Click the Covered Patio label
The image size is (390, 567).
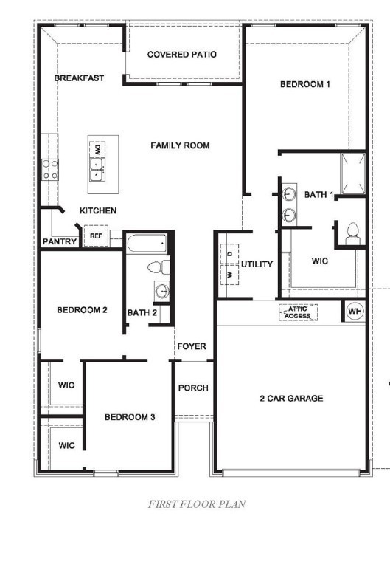click(x=181, y=55)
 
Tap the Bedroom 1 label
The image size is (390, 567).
click(x=304, y=84)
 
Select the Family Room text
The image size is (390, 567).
click(x=180, y=145)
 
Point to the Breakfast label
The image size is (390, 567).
click(x=79, y=78)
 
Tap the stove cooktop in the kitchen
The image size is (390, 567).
click(x=50, y=170)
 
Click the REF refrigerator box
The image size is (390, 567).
click(x=96, y=236)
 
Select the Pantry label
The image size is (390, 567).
click(x=59, y=241)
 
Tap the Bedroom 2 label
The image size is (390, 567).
click(x=83, y=310)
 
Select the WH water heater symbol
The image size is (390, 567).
click(x=355, y=312)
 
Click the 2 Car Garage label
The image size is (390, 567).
click(x=290, y=399)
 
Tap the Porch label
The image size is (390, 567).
click(x=194, y=388)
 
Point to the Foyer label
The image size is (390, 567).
click(x=191, y=347)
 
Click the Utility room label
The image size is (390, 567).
click(x=257, y=264)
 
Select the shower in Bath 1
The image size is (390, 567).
click(x=352, y=174)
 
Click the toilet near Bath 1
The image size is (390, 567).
click(x=351, y=233)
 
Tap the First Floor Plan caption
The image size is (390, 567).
click(x=196, y=505)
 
